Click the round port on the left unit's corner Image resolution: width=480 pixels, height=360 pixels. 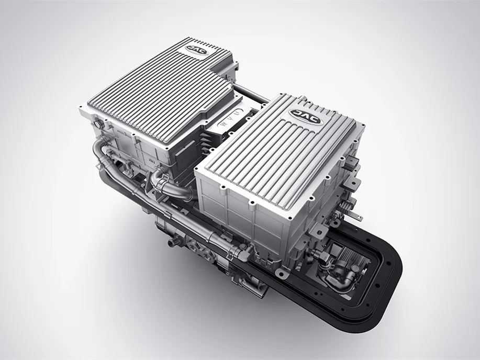click(x=98, y=125)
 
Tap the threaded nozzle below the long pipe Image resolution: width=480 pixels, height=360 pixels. click(x=173, y=241)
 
